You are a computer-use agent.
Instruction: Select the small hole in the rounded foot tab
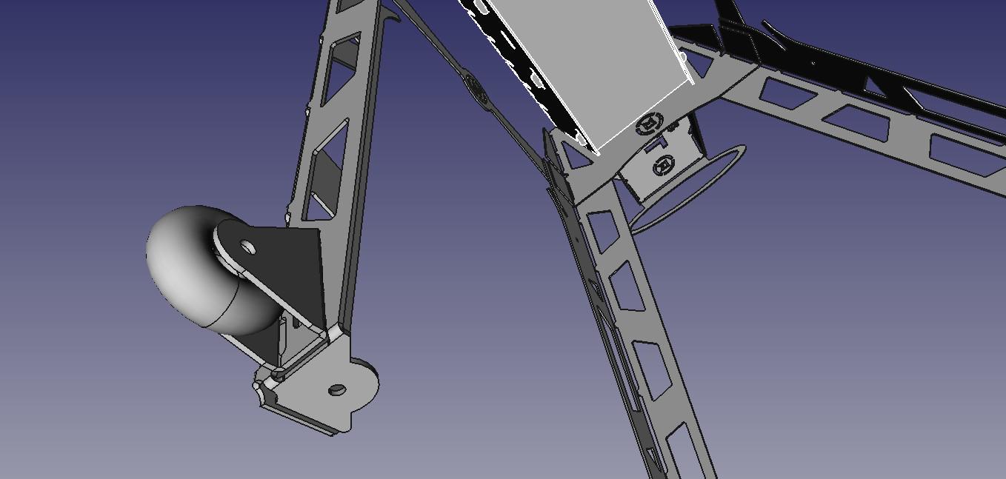tap(337, 389)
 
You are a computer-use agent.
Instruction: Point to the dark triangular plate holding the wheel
tap(293, 274)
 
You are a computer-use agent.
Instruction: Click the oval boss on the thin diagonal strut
tap(475, 87)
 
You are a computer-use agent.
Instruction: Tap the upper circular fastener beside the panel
tap(650, 123)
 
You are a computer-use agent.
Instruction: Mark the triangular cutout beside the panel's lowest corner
tap(573, 157)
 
